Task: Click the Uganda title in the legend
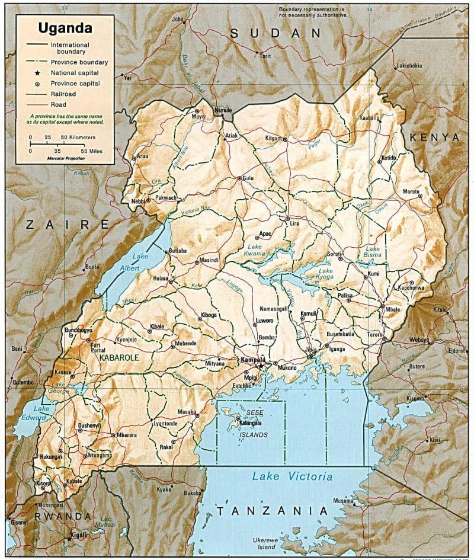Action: point(65,28)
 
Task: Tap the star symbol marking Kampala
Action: point(261,366)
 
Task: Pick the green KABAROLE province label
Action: point(118,358)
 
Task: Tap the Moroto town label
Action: point(411,192)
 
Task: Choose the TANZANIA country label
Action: point(271,510)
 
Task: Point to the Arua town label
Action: point(143,156)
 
